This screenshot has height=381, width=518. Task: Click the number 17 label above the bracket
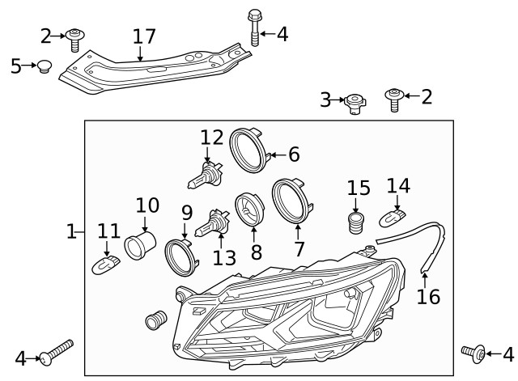(x=143, y=37)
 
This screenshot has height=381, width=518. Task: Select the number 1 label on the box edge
(x=72, y=232)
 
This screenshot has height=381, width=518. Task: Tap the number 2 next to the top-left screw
(x=45, y=36)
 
